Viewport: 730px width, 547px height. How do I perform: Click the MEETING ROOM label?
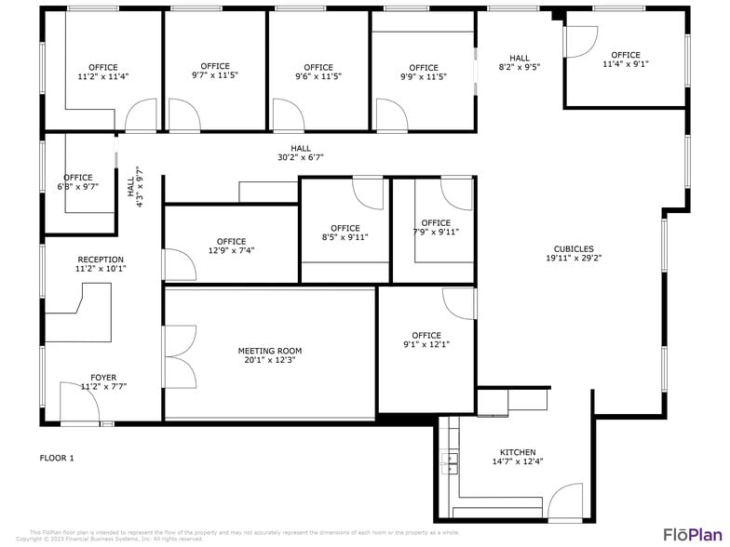[x=270, y=351]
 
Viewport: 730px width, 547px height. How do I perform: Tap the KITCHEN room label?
[x=518, y=451]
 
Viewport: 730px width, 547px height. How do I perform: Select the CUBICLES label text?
[x=574, y=248]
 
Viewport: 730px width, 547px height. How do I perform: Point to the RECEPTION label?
[x=101, y=260]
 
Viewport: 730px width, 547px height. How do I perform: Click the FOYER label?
[x=103, y=377]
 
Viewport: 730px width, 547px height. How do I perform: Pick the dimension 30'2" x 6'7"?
[x=301, y=157]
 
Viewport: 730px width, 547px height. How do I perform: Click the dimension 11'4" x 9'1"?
[x=626, y=64]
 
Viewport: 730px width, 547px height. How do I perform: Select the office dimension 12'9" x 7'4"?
[x=231, y=250]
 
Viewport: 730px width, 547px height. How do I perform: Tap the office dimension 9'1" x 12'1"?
[x=426, y=345]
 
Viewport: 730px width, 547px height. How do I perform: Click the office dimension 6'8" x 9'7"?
[x=78, y=186]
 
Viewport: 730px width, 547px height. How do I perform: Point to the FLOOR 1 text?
[x=57, y=458]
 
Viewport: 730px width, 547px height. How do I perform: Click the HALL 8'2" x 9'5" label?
[x=520, y=62]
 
